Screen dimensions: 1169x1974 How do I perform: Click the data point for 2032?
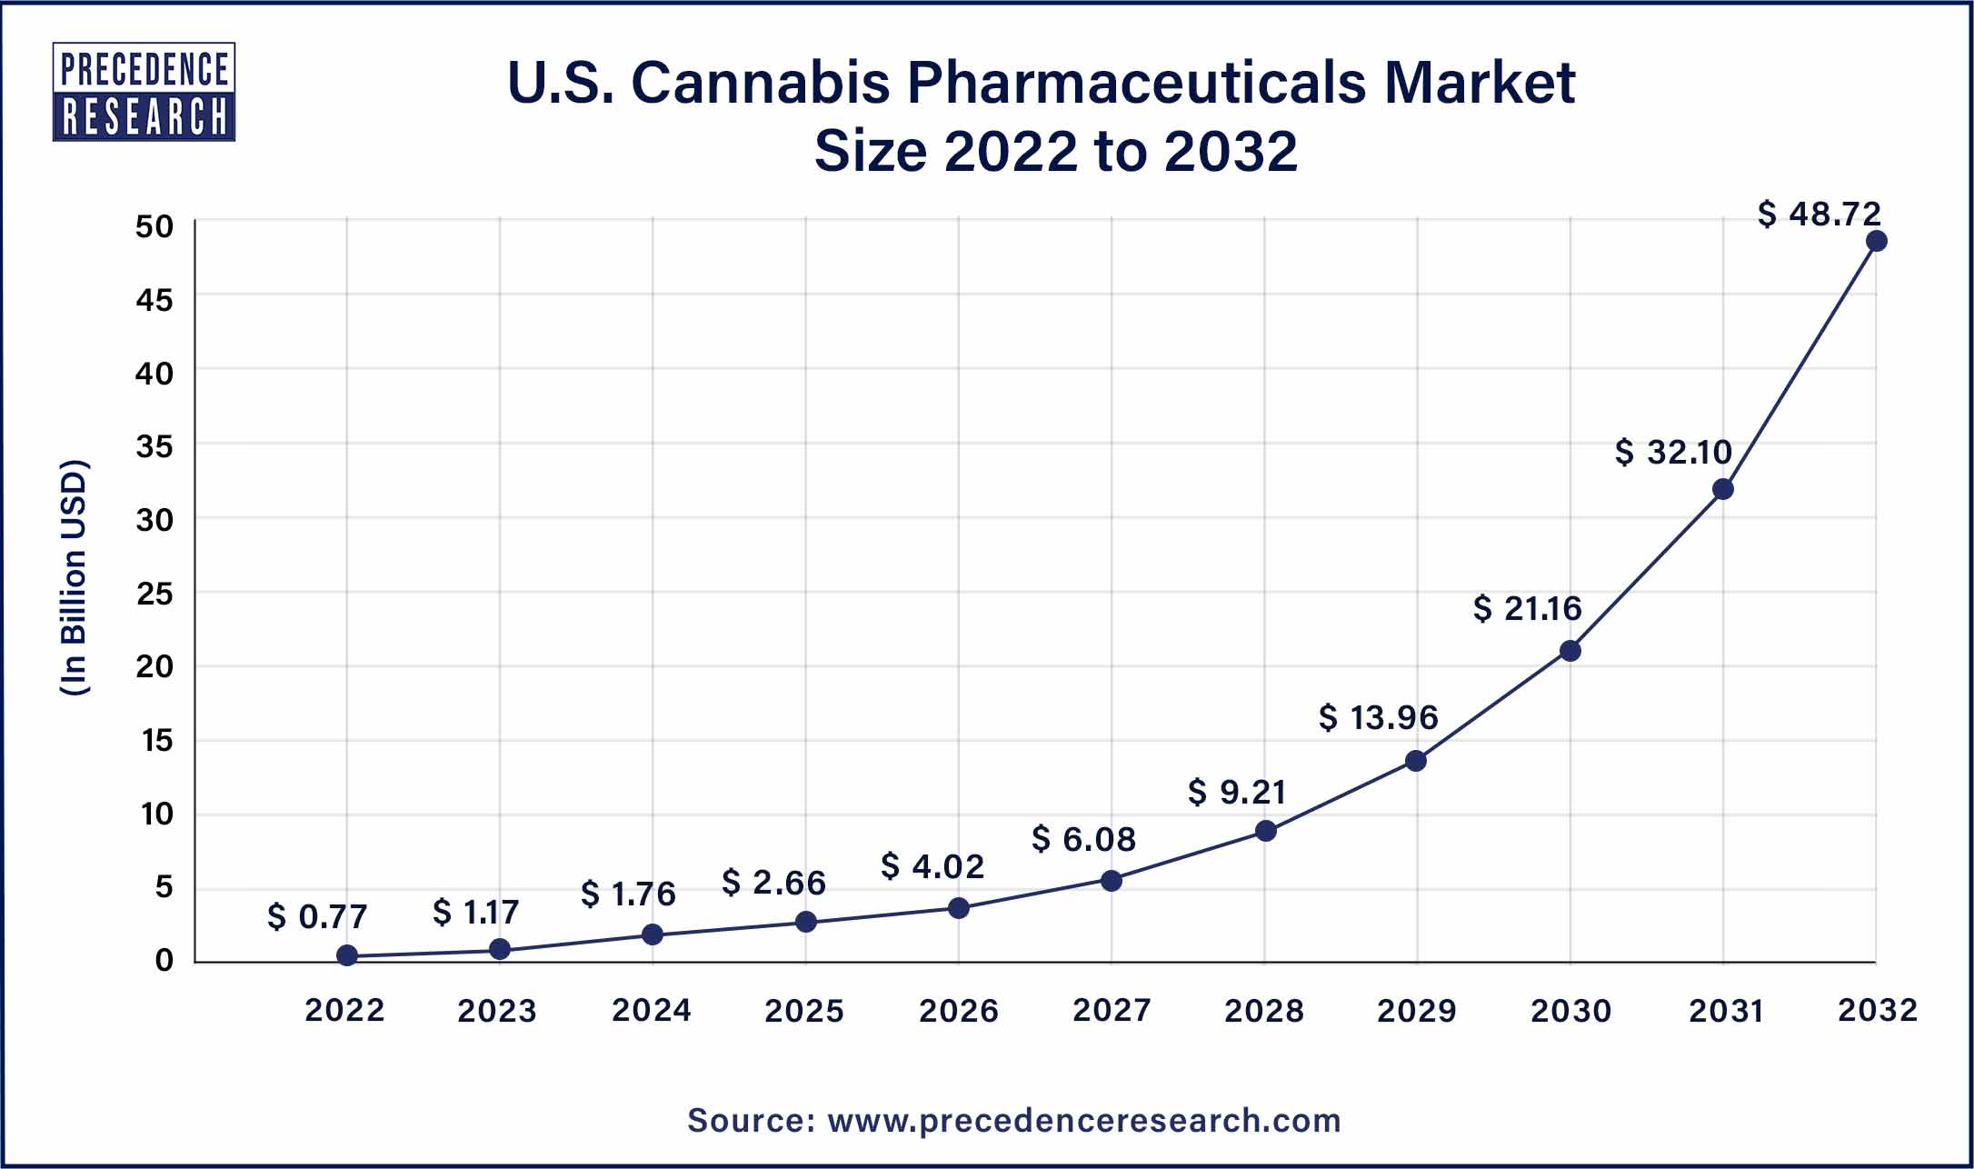pos(1876,241)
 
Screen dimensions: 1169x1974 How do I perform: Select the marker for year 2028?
pos(1265,831)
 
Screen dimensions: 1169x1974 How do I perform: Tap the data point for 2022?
pos(346,955)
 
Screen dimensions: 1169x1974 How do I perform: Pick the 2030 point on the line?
pos(1570,651)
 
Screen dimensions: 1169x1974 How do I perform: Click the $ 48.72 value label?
pos(1819,214)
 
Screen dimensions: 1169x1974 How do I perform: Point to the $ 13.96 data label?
pos(1378,717)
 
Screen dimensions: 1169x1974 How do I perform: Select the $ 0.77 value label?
pos(317,916)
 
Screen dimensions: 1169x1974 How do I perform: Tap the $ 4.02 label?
pos(932,866)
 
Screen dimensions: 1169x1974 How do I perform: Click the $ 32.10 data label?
pos(1673,452)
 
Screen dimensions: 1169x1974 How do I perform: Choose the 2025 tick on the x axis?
pos(804,1011)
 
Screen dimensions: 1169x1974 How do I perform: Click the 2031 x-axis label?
pos(1725,1011)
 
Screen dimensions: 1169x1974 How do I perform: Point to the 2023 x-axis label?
pos(497,1011)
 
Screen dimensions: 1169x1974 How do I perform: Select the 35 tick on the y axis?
pos(155,446)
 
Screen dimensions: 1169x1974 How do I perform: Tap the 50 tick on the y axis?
pos(155,225)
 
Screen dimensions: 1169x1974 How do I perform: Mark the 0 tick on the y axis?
pos(164,960)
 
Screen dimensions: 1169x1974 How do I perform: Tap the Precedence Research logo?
pos(144,92)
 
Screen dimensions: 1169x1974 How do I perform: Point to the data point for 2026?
pos(958,908)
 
